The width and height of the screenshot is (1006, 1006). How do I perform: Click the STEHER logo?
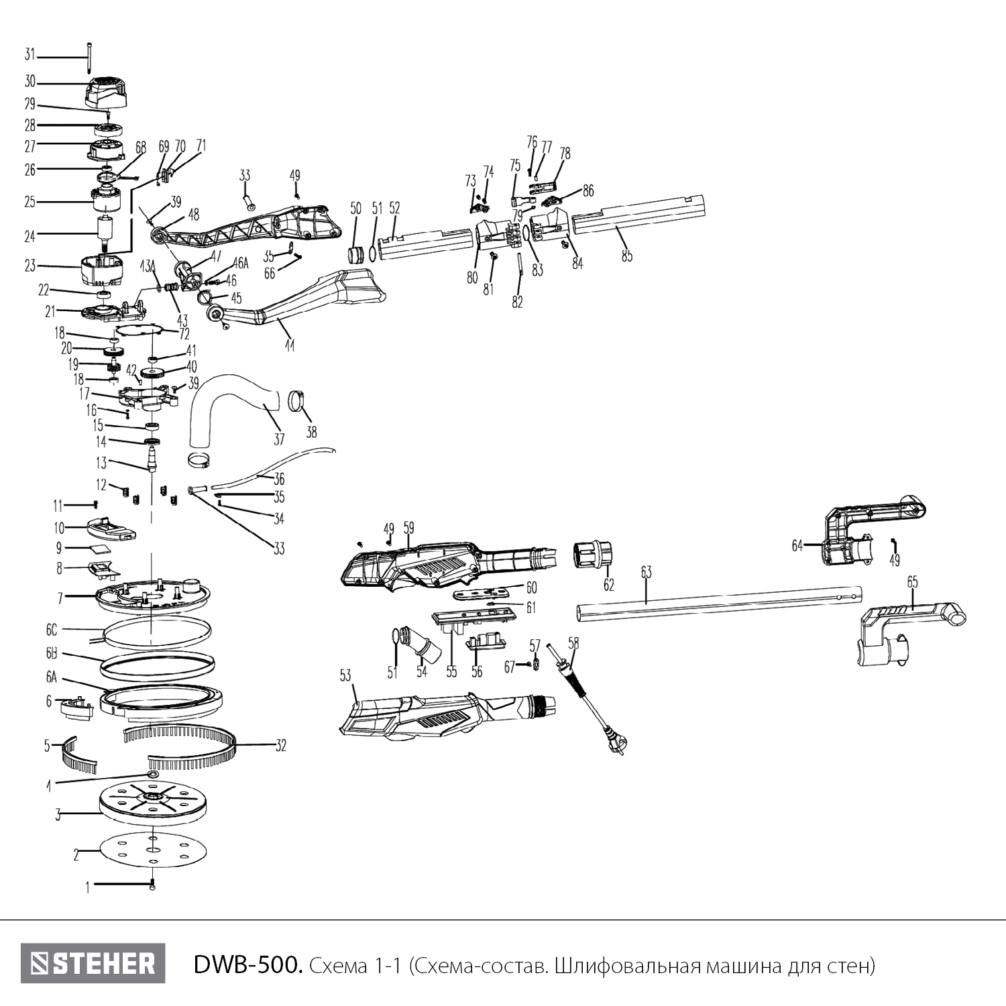coord(93,964)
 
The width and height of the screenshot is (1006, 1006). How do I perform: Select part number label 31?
coord(30,54)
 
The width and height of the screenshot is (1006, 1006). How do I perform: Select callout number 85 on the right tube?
coord(626,256)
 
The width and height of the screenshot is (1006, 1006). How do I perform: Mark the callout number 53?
coord(345,675)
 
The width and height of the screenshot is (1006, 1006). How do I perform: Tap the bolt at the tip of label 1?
coord(153,885)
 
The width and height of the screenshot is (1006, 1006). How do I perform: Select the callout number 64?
coord(797,546)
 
